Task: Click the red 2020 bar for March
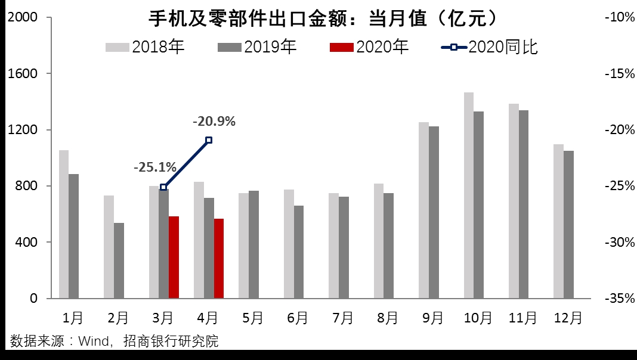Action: (x=174, y=257)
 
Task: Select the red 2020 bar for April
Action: (x=218, y=258)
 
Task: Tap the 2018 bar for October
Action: (x=469, y=195)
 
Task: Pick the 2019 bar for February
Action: (x=119, y=260)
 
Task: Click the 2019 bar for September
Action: (x=434, y=212)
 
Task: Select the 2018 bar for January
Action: (x=64, y=224)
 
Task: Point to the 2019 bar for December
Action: (x=568, y=224)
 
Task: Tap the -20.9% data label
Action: (x=214, y=122)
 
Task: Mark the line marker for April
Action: (x=209, y=140)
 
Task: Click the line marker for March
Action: (x=163, y=187)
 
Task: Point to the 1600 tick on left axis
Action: (x=22, y=74)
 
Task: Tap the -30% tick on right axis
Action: (x=620, y=243)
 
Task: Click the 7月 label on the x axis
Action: (x=343, y=318)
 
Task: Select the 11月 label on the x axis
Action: (x=522, y=318)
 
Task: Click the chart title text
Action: (x=322, y=19)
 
